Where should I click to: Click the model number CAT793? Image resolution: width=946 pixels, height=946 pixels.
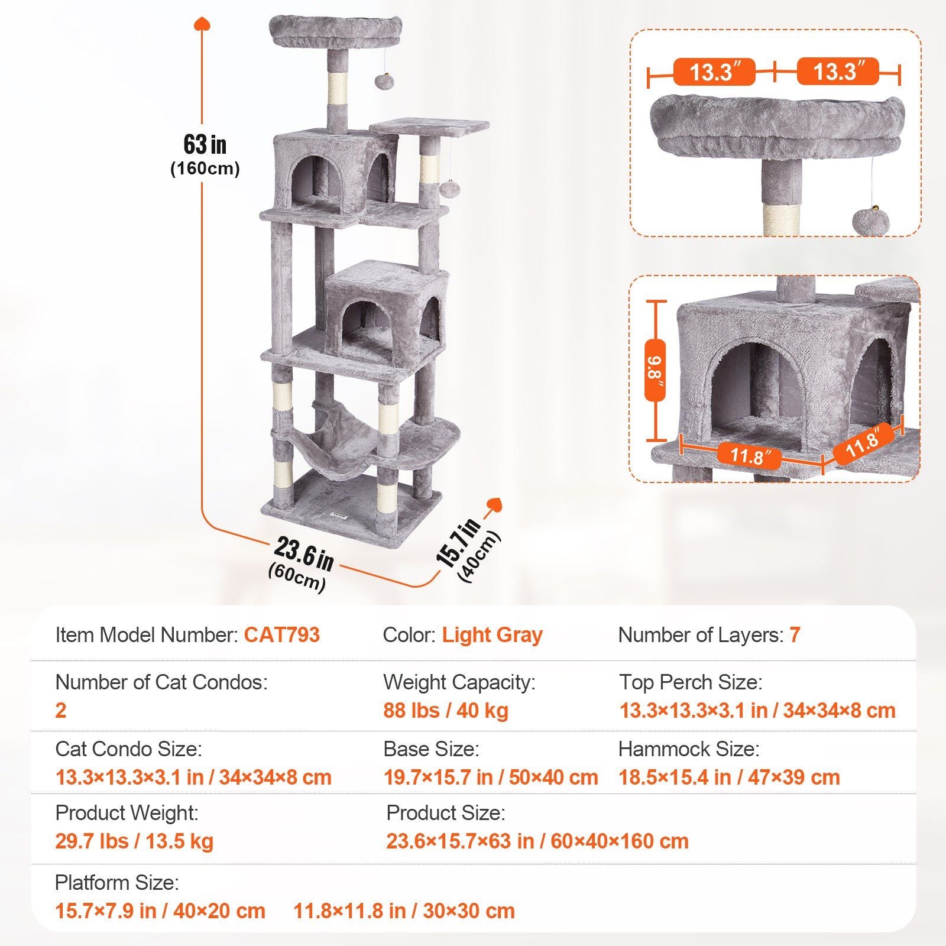click(281, 635)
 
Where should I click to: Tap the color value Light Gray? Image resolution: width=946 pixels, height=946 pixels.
click(492, 635)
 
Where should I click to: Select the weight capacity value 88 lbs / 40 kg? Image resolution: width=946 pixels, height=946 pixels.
click(446, 710)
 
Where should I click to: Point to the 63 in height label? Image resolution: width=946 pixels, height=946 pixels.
click(205, 145)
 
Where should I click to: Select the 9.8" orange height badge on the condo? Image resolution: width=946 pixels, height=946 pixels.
click(655, 371)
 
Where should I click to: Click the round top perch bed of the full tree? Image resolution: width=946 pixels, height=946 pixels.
click(336, 33)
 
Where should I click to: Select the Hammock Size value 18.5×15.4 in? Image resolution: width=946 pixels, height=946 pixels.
click(728, 777)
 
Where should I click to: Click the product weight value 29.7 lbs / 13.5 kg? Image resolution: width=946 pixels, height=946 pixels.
click(134, 841)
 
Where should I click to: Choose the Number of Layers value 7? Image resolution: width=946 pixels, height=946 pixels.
click(795, 635)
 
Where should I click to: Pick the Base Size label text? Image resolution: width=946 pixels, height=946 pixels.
click(431, 749)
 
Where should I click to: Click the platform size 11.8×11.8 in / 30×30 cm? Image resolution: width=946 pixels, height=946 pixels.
click(404, 911)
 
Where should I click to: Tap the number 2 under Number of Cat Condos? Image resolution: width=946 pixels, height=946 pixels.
click(61, 710)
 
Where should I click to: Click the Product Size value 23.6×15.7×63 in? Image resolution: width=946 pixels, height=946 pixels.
click(537, 841)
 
